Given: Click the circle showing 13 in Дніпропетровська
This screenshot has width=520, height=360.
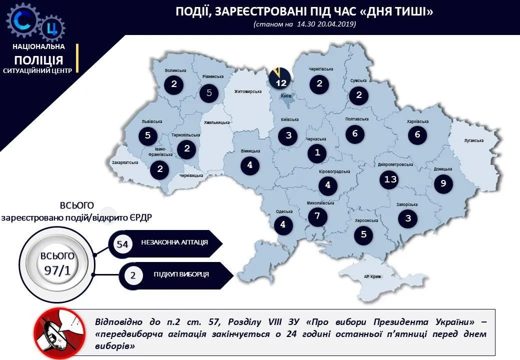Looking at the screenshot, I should (388, 179).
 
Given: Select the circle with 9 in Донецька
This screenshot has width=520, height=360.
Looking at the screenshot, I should (443, 184).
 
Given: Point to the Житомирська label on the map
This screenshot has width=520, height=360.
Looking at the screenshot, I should (248, 92).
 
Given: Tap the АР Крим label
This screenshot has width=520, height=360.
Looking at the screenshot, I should (372, 276).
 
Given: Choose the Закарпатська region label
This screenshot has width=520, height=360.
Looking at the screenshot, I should (125, 162).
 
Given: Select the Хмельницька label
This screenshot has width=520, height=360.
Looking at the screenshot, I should (217, 122).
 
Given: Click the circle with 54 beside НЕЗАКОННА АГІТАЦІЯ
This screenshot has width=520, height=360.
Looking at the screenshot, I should (122, 244).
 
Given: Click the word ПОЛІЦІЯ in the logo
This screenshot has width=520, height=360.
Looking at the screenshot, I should (39, 59).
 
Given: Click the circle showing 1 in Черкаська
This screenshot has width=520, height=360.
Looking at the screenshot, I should (317, 153).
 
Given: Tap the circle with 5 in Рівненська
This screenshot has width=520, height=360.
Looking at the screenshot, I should (209, 92).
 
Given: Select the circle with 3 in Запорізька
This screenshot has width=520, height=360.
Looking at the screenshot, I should (408, 218).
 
